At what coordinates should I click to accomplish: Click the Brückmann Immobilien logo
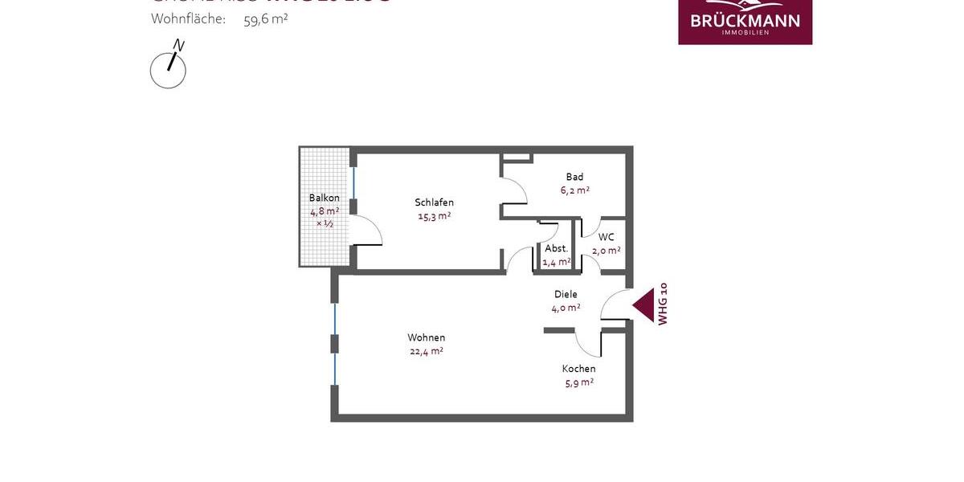745,20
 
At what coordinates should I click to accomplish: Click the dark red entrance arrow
643,305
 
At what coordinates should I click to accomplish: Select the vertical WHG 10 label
663,304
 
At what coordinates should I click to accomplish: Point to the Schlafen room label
434,202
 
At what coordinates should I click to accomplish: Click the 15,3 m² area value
434,216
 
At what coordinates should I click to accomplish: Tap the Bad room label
574,177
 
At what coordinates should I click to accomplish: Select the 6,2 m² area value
574,190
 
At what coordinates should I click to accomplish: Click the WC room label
607,237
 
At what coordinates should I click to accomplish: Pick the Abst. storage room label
556,248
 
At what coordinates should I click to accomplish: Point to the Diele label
566,294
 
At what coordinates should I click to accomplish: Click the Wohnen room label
426,337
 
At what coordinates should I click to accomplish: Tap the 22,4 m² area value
426,351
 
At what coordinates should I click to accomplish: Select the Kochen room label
578,369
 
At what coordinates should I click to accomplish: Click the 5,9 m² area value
578,382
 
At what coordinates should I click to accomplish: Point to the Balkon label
325,198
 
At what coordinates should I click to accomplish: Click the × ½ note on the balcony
325,223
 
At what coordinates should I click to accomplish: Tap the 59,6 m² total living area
265,19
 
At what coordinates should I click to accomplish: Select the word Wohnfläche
188,19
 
